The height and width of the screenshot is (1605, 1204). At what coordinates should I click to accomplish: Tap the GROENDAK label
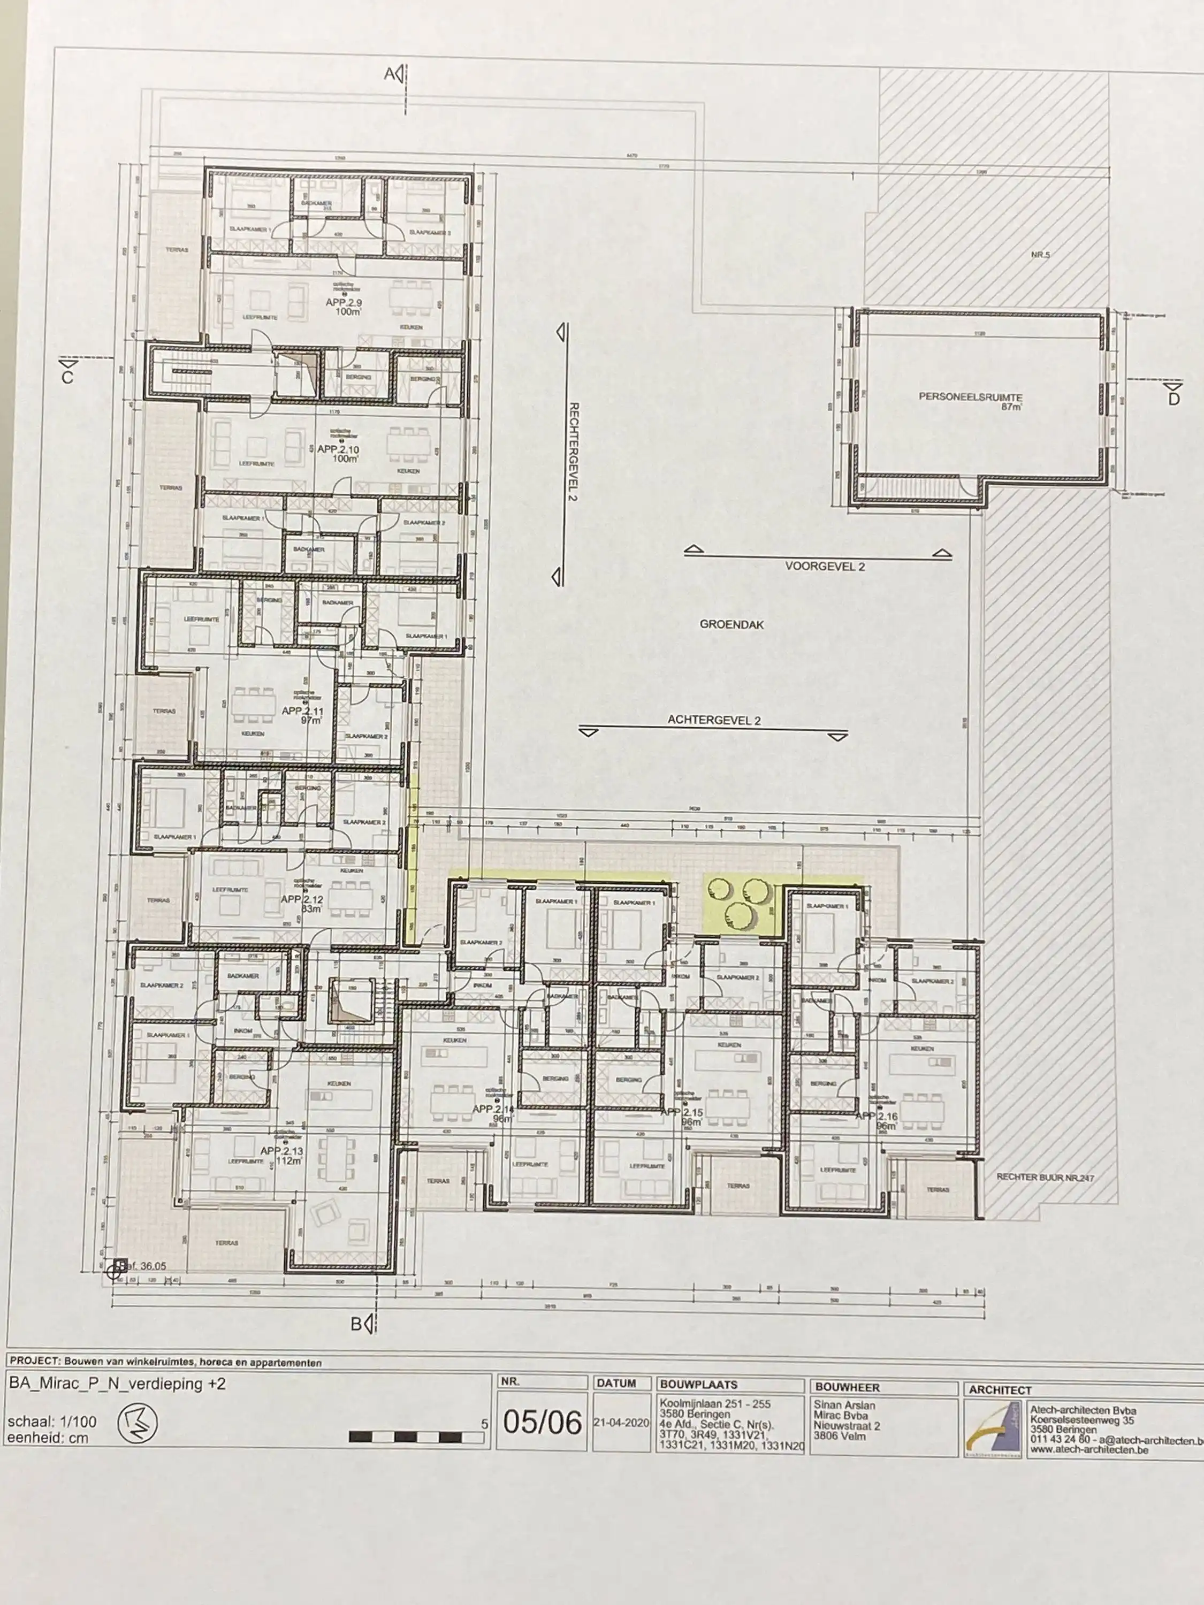point(731,624)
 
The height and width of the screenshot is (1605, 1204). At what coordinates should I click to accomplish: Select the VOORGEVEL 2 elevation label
point(825,567)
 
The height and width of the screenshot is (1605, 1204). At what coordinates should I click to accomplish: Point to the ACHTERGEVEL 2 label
point(714,721)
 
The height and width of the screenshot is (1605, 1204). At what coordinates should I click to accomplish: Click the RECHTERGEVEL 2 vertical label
point(573,452)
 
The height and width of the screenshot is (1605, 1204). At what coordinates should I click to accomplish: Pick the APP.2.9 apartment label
point(344,303)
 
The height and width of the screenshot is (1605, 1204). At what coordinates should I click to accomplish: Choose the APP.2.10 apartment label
point(338,450)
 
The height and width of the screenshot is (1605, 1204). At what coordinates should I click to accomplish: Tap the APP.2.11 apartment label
point(301,711)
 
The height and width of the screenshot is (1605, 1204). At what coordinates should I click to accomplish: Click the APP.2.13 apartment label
point(281,1151)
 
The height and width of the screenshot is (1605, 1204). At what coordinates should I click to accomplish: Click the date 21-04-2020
point(621,1423)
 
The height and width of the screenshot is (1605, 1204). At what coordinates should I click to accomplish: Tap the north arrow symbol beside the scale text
point(137,1424)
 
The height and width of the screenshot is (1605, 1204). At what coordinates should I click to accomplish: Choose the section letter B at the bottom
point(356,1324)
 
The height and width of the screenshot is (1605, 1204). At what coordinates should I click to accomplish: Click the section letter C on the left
point(67,377)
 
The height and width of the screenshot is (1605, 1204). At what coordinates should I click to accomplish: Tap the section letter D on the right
point(1173,399)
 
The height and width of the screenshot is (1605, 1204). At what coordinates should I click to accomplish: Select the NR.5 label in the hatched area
point(1039,255)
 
